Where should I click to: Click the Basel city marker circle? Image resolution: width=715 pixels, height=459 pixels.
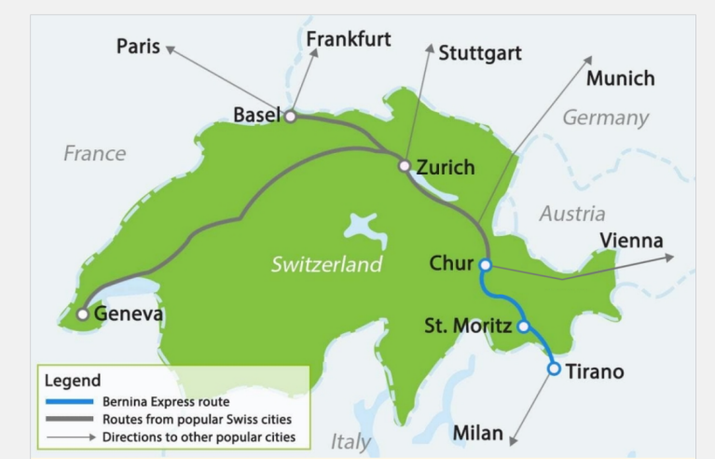point(291,117)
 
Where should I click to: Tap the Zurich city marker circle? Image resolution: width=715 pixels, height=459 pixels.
point(404,166)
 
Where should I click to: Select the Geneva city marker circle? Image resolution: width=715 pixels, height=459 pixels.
point(83,314)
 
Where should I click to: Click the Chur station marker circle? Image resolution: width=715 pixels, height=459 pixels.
point(485,264)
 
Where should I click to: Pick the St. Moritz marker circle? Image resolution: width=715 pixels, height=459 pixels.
point(523,327)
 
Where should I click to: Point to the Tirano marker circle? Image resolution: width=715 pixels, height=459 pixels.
point(554,369)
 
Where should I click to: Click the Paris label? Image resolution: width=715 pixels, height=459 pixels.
point(138,47)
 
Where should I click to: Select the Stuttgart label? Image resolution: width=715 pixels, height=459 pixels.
point(480,53)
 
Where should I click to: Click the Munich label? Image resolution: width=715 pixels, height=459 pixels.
point(620,78)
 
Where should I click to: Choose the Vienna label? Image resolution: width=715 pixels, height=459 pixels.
point(631,241)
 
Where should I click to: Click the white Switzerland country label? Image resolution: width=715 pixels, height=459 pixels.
point(326,265)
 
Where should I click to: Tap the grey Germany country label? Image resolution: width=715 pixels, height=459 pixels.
point(605,118)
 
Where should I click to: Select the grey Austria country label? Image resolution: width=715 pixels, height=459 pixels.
point(571,214)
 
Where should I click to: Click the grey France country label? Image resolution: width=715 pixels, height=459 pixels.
point(94,153)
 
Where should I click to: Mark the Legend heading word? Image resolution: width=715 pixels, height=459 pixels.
point(73,381)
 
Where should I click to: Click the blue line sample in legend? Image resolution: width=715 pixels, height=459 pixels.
point(69,401)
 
